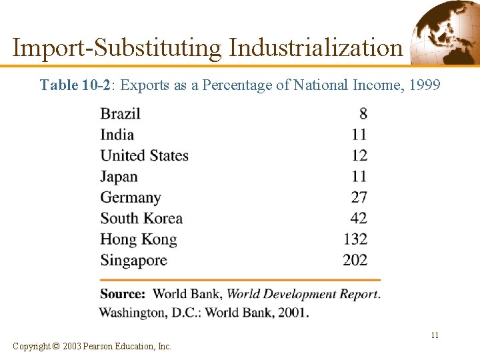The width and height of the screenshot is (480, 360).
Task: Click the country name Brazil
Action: click(120, 113)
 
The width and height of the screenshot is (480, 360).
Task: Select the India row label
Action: click(117, 135)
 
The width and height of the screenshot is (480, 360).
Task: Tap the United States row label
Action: click(144, 155)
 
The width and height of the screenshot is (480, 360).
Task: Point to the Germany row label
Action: click(131, 197)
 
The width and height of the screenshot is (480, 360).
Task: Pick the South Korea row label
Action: click(141, 218)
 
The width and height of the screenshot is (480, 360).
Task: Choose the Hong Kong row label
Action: click(138, 239)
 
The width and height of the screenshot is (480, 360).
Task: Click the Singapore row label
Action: click(133, 260)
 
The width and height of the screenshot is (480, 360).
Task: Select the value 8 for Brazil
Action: click(363, 113)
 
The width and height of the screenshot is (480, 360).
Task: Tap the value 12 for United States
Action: click(359, 155)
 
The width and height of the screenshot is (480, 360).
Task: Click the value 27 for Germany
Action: click(359, 197)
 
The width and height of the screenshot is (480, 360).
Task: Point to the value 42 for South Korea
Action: click(359, 218)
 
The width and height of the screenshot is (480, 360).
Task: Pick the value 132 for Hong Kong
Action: click(355, 239)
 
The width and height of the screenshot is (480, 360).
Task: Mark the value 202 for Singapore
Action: click(355, 260)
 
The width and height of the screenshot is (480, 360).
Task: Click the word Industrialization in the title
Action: click(316, 48)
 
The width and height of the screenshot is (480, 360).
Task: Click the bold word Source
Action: click(123, 293)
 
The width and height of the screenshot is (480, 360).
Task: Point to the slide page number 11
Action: click(434, 335)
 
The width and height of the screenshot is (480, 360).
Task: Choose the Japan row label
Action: click(119, 177)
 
